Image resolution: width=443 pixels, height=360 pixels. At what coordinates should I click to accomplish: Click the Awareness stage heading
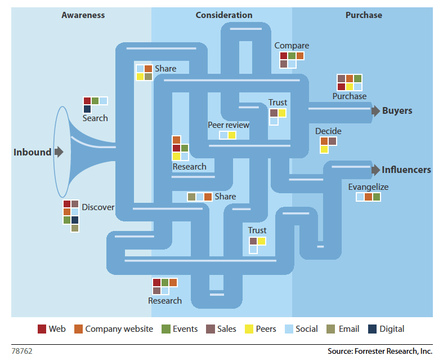click(x=83, y=15)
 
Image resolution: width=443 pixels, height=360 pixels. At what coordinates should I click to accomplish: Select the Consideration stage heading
click(x=224, y=15)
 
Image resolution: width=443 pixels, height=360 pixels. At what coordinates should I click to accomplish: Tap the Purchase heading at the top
click(x=364, y=15)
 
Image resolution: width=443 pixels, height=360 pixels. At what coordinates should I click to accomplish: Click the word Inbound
click(x=33, y=152)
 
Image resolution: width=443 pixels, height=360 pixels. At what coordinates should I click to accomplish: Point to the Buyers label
click(x=397, y=111)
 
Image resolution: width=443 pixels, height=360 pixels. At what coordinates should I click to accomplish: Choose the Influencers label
click(x=406, y=170)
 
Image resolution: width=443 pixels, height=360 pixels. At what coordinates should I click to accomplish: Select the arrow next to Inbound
click(x=59, y=152)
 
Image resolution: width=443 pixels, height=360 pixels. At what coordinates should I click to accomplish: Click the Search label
click(x=95, y=118)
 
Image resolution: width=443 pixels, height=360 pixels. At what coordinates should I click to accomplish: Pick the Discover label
click(x=98, y=207)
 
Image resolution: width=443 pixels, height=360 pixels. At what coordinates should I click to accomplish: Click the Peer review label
click(x=229, y=125)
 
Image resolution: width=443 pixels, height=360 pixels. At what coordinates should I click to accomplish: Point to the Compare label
click(x=292, y=46)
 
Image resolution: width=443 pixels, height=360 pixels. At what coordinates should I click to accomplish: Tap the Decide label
click(x=328, y=131)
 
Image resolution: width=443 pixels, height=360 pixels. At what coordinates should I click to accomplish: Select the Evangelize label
click(x=368, y=187)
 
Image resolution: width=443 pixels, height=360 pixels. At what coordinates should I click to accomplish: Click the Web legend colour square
click(x=42, y=329)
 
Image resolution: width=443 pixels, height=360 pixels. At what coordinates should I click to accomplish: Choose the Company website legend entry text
click(x=119, y=329)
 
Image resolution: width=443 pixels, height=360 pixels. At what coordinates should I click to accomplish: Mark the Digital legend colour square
click(x=372, y=329)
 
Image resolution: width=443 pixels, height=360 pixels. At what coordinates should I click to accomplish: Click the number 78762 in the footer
click(x=22, y=350)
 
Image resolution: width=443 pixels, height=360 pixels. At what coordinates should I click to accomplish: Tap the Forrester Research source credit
click(x=380, y=351)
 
